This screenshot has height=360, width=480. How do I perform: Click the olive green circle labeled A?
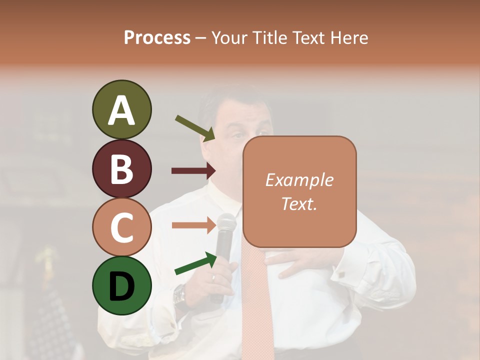pyautogui.click(x=121, y=110)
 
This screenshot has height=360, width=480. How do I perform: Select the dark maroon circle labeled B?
pyautogui.click(x=121, y=169)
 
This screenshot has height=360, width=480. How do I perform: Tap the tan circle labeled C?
pyautogui.click(x=121, y=227)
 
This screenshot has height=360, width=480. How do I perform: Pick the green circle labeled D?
pyautogui.click(x=121, y=286)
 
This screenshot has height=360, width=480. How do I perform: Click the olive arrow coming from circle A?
pyautogui.click(x=195, y=127)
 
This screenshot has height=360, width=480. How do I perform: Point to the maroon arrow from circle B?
pyautogui.click(x=193, y=171)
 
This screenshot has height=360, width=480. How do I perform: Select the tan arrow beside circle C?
pyautogui.click(x=193, y=225)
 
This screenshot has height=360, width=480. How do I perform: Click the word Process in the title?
pyautogui.click(x=157, y=38)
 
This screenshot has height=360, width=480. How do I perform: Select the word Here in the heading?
pyautogui.click(x=348, y=38)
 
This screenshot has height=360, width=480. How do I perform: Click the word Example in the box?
pyautogui.click(x=299, y=180)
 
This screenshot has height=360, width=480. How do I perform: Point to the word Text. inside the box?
pyautogui.click(x=299, y=203)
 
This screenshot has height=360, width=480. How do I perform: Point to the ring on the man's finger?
pyautogui.click(x=213, y=277)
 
